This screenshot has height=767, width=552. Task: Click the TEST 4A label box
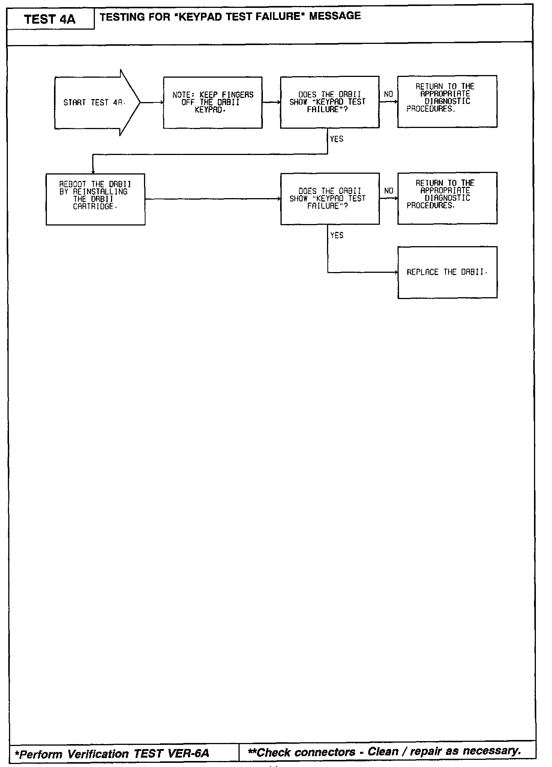coord(50,19)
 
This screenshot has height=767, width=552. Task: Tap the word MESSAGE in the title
coord(335,16)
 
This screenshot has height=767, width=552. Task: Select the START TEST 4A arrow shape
coord(94,102)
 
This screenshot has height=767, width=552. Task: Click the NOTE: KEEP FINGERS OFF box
coord(213,102)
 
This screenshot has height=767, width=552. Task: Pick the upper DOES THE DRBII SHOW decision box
coord(330,102)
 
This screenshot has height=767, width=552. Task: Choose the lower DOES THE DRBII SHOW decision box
coord(330,199)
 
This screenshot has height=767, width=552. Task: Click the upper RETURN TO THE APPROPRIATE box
coord(447,101)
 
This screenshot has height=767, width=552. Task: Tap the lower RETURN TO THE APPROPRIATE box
coord(447,198)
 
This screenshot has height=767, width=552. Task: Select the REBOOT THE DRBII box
coord(95,199)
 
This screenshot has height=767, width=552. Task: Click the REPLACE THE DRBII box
coord(447,272)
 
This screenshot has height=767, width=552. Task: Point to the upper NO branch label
coord(388,94)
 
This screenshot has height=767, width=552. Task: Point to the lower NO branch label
coord(388,191)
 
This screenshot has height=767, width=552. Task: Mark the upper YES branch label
coord(336,139)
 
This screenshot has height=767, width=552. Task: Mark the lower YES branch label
coord(337,235)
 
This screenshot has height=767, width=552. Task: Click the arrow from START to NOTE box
coord(152,102)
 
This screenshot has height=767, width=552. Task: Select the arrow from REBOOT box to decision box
coord(213,199)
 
